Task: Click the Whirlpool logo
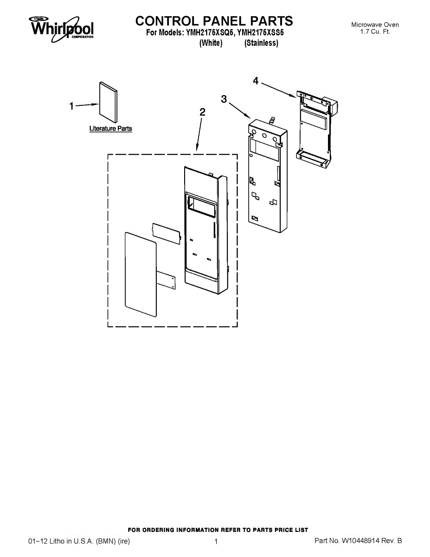62,27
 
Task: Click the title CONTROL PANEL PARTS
214,21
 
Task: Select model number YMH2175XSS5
260,33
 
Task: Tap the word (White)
211,43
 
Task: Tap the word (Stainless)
261,43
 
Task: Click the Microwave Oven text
375,25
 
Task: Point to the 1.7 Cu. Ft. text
375,32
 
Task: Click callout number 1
71,107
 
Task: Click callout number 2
202,112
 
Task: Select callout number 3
224,99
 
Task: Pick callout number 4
256,81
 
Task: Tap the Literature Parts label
110,129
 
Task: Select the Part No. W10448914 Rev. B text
358,541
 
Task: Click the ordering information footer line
218,530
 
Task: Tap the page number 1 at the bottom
216,541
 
